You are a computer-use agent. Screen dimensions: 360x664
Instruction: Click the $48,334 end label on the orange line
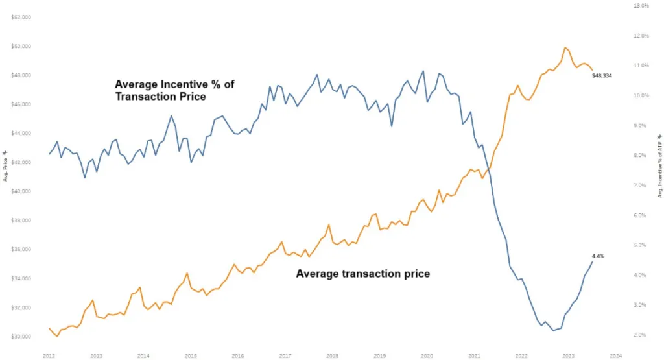coord(602,76)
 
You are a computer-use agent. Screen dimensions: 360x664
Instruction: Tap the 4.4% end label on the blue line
coord(598,256)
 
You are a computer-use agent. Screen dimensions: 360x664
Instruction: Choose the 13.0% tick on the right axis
coord(641,5)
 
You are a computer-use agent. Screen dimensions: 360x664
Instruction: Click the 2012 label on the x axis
coord(49,355)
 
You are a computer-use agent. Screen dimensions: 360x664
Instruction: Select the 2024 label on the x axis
coord(616,355)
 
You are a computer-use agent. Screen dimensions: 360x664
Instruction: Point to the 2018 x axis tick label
coord(332,355)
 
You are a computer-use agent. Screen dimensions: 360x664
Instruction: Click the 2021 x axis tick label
coord(474,355)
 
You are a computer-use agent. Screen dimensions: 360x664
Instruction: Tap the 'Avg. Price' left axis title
coord(5,165)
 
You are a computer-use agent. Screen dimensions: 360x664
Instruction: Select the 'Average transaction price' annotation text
coord(362,274)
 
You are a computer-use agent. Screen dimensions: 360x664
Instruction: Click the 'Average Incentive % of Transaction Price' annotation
coord(160,90)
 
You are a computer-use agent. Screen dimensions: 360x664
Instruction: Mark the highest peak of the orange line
coord(565,47)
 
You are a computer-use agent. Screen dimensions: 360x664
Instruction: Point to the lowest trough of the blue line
coord(554,330)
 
